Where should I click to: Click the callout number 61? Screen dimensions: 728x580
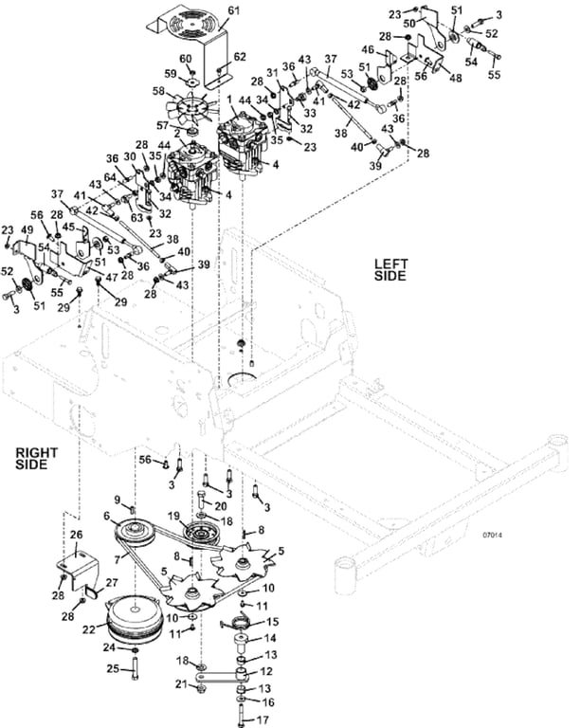tap(234, 9)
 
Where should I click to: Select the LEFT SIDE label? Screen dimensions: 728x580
tap(390, 269)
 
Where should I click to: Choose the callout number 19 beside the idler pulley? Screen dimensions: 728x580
tap(172, 515)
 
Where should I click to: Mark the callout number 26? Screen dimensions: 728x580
tap(77, 536)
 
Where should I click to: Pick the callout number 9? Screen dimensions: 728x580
tap(118, 500)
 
